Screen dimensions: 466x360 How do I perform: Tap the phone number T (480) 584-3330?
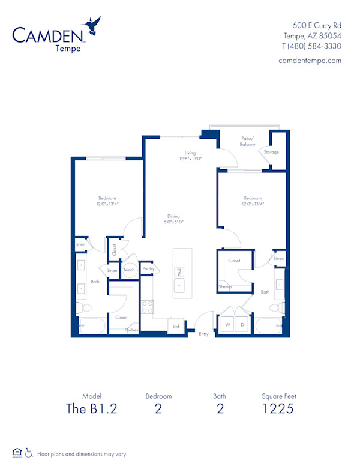pyautogui.click(x=311, y=46)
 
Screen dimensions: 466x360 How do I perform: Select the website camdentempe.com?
pyautogui.click(x=310, y=60)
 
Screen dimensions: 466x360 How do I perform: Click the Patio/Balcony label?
pyautogui.click(x=247, y=141)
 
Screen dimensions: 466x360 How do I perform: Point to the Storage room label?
pyautogui.click(x=271, y=152)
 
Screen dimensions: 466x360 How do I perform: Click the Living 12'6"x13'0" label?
pyautogui.click(x=190, y=156)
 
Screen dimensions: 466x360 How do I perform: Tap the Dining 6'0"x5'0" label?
pyautogui.click(x=173, y=219)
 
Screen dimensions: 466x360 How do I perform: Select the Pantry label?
pyautogui.click(x=148, y=268)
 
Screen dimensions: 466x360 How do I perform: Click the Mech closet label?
pyautogui.click(x=129, y=270)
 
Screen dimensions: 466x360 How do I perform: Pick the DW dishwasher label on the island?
pyautogui.click(x=178, y=273)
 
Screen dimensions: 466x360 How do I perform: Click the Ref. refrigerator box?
pyautogui.click(x=176, y=326)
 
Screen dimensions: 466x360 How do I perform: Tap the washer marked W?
pyautogui.click(x=227, y=325)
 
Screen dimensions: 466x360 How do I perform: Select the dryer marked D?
pyautogui.click(x=242, y=325)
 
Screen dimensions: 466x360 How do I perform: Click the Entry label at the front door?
pyautogui.click(x=203, y=334)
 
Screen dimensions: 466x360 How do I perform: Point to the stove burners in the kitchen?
pyautogui.click(x=147, y=307)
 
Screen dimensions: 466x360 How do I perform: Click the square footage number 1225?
pyautogui.click(x=278, y=409)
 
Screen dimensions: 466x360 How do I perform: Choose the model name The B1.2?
pyautogui.click(x=92, y=409)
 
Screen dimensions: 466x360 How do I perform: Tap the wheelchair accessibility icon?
pyautogui.click(x=29, y=453)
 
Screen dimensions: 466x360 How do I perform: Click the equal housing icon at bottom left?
pyautogui.click(x=17, y=453)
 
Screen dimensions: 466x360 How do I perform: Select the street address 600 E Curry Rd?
pyautogui.click(x=317, y=25)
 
